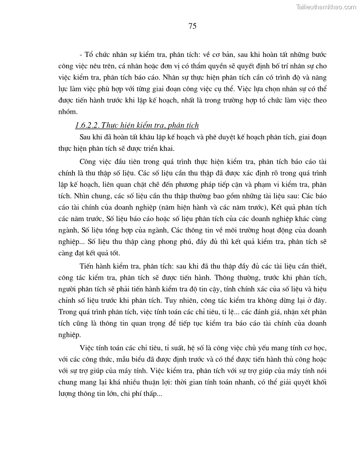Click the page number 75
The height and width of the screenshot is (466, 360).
click(192, 26)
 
